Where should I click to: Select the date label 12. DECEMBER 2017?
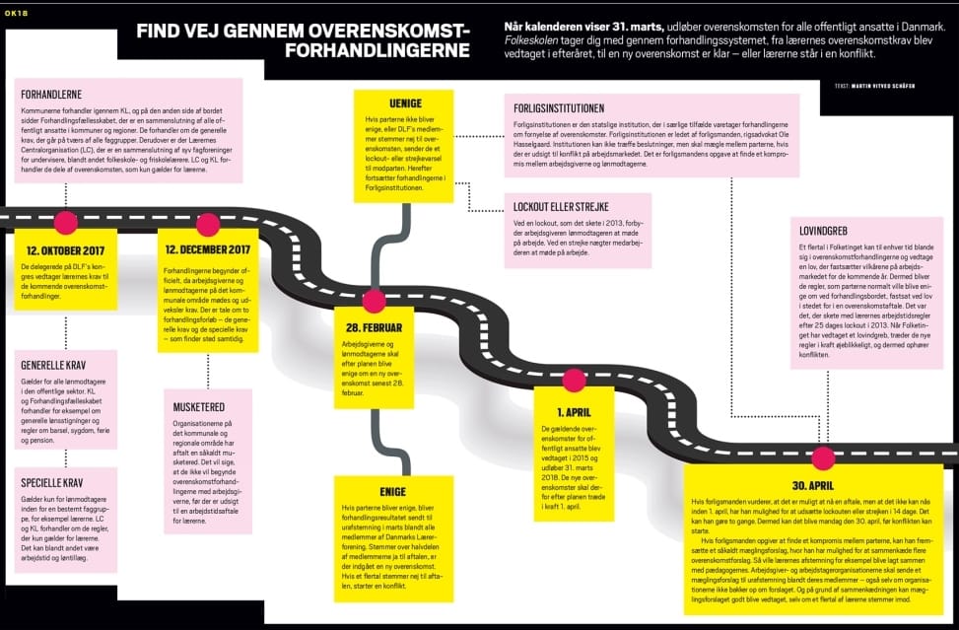208,248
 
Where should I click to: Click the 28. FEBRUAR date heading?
374,327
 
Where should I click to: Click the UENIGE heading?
379,102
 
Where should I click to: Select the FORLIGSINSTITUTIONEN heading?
559,107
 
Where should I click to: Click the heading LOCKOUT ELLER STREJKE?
561,207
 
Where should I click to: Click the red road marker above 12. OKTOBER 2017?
66,222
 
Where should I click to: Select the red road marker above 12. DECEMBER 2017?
208,224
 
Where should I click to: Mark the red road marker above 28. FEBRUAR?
374,301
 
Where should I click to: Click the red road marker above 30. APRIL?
823,458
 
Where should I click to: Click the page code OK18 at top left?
18,13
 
